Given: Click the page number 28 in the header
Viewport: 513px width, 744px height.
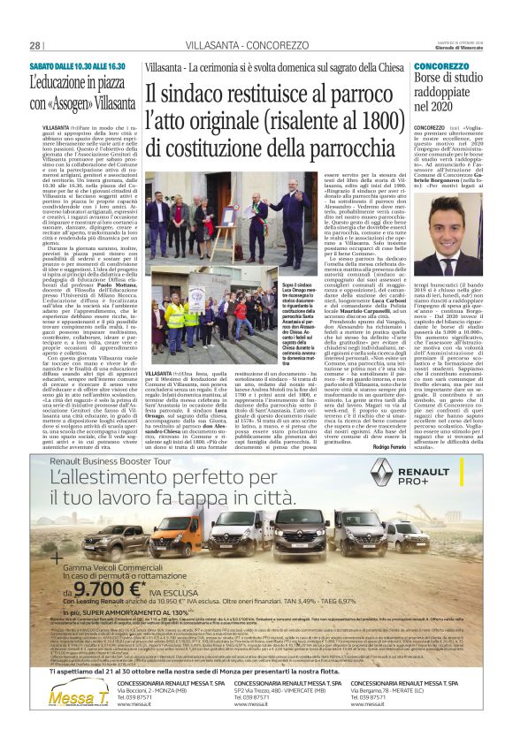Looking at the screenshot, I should pyautogui.click(x=35, y=45).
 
